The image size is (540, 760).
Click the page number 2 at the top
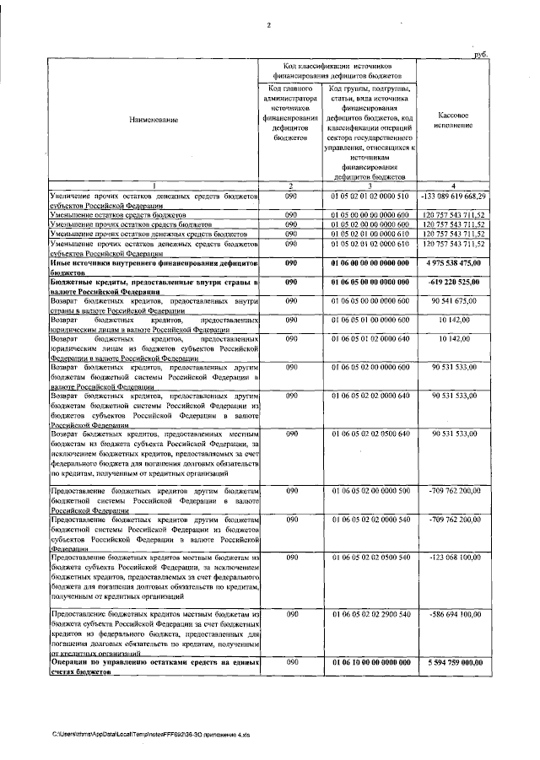click(268, 24)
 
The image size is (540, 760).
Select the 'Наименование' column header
click(154, 121)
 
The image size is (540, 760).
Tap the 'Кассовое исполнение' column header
click(455, 120)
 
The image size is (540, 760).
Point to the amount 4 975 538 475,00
click(455, 264)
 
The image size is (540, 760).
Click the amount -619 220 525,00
click(454, 281)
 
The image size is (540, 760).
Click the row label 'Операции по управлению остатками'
click(154, 666)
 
